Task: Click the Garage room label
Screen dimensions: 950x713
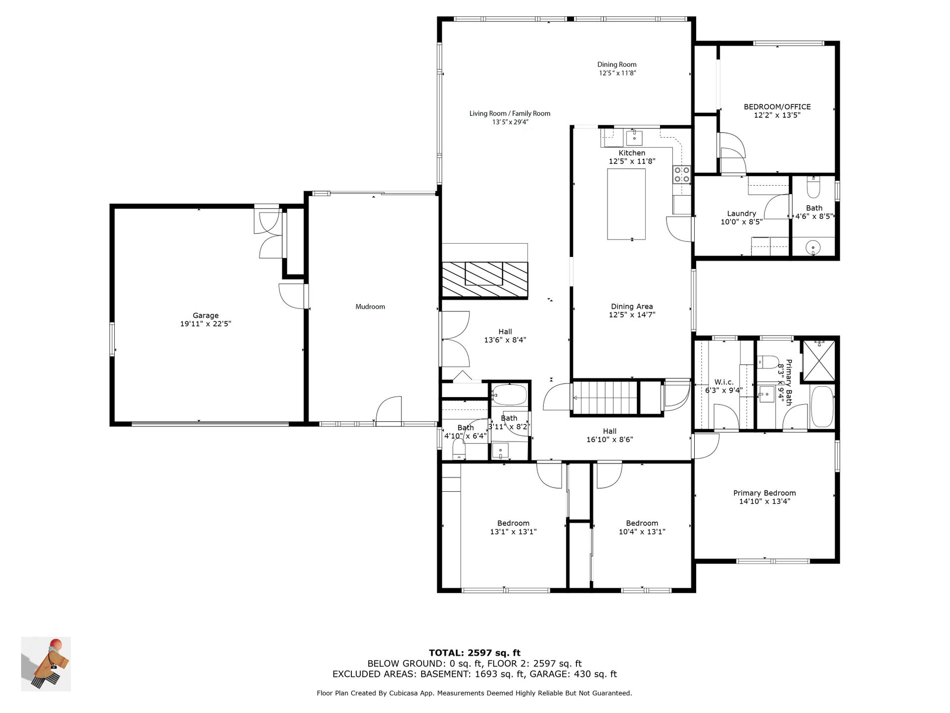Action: (205, 315)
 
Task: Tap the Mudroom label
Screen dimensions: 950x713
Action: (370, 306)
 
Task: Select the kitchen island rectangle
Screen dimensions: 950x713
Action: (626, 204)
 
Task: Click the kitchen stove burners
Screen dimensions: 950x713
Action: (682, 174)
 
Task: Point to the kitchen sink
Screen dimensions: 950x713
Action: (634, 137)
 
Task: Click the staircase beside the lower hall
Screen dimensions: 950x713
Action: (605, 397)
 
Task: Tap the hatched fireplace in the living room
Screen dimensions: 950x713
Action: (485, 279)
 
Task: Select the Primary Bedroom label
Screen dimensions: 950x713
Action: (764, 493)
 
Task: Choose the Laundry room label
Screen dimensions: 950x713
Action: (741, 213)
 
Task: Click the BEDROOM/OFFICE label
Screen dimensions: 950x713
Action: (777, 106)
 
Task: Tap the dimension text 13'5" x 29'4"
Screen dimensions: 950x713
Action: (510, 122)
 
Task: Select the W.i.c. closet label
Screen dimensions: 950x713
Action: (724, 382)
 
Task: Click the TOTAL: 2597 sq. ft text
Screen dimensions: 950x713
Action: (475, 653)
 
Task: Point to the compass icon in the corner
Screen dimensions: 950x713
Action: (46, 664)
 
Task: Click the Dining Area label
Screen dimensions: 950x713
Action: (632, 306)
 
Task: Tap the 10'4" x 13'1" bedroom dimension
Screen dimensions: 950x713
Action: (642, 532)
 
